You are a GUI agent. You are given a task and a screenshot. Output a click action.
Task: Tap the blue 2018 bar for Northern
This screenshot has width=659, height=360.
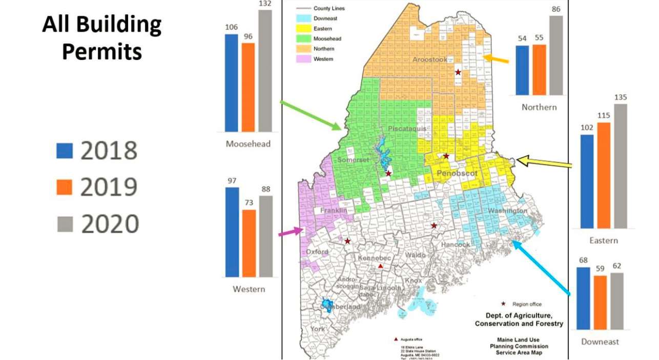[522, 70]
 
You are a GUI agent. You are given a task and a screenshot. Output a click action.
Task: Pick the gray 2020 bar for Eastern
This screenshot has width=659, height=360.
[620, 166]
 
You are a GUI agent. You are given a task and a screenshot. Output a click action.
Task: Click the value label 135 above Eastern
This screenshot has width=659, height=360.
[620, 97]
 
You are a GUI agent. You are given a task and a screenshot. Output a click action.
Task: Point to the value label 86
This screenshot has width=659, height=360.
[557, 9]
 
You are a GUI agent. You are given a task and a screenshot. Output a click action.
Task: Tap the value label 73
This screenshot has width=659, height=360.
[249, 203]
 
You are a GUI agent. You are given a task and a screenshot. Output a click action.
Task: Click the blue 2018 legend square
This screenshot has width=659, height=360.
[64, 151]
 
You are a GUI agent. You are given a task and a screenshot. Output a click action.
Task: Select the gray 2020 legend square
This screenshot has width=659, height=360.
[64, 224]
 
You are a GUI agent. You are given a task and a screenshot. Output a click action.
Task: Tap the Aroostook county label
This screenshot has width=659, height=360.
[429, 60]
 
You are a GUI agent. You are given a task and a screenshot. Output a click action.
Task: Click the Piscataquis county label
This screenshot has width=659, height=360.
[407, 128]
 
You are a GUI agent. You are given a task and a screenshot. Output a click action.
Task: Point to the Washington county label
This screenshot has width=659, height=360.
[507, 211]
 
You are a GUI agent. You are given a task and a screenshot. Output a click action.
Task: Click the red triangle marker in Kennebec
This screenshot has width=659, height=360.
[380, 266]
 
